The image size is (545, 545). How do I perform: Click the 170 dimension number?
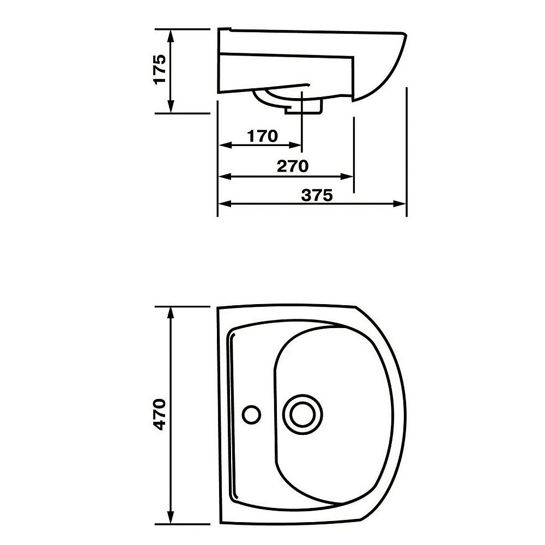click(263, 136)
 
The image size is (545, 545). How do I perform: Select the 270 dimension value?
click(293, 166)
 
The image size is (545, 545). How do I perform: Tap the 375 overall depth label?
click(317, 195)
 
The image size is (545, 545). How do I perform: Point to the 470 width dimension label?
click(160, 414)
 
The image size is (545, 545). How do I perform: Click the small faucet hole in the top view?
click(251, 414)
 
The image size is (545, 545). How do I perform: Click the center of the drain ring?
click(302, 414)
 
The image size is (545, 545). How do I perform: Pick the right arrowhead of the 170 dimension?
click(295, 146)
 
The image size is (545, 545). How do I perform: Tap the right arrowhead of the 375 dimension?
click(399, 204)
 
